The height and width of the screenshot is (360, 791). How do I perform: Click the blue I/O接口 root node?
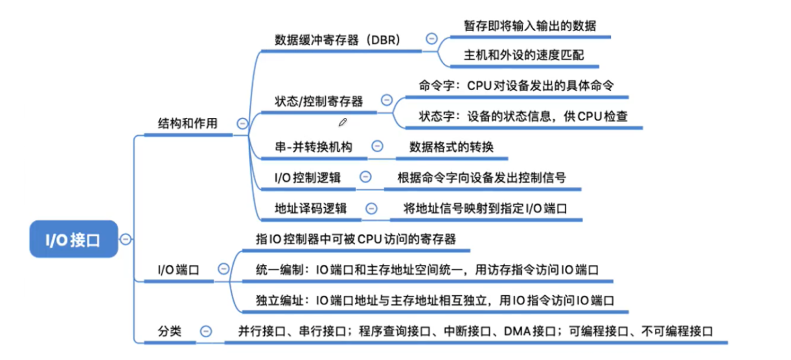click(x=73, y=240)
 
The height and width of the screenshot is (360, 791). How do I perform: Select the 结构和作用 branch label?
click(x=188, y=123)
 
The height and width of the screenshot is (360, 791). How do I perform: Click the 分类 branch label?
click(x=170, y=331)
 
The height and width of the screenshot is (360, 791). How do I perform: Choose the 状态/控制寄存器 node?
click(x=319, y=101)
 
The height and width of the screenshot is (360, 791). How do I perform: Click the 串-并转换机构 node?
click(x=314, y=147)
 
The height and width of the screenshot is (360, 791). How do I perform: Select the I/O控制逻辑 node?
click(x=308, y=177)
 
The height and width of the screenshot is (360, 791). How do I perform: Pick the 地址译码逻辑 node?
click(x=310, y=208)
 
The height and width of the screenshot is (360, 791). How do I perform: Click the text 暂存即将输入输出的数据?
click(x=530, y=25)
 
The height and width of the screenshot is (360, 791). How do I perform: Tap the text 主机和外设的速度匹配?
click(x=524, y=55)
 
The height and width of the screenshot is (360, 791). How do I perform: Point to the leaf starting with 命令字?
click(x=516, y=86)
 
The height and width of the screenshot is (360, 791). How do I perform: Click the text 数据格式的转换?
click(x=451, y=147)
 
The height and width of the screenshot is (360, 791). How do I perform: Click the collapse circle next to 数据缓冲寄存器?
click(x=431, y=39)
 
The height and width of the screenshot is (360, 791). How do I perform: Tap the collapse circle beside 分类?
click(x=206, y=331)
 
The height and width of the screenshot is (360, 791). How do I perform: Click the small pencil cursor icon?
click(x=343, y=121)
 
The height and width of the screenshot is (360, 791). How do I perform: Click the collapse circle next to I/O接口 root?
click(x=125, y=239)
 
